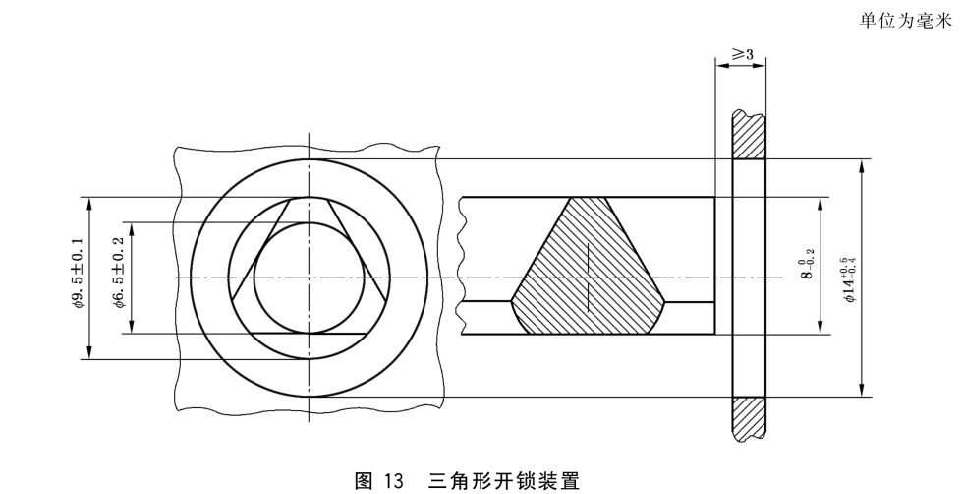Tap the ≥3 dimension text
coord(743,54)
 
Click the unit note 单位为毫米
coord(905,21)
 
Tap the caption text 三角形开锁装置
coord(504,480)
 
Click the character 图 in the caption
coord(364,480)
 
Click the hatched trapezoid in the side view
coord(589,266)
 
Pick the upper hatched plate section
coord(749,135)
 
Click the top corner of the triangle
coord(310,198)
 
